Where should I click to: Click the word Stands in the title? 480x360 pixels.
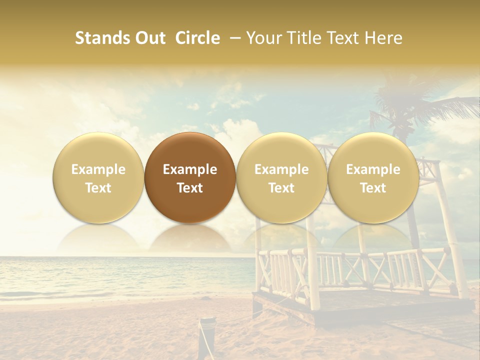(x=100, y=38)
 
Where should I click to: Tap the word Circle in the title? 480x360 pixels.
(x=197, y=38)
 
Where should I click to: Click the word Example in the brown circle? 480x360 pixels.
(x=190, y=169)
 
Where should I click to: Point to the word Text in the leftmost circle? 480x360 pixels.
(x=98, y=188)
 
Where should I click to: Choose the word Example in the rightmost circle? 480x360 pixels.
(x=373, y=169)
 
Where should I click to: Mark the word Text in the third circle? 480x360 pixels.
(x=281, y=188)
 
